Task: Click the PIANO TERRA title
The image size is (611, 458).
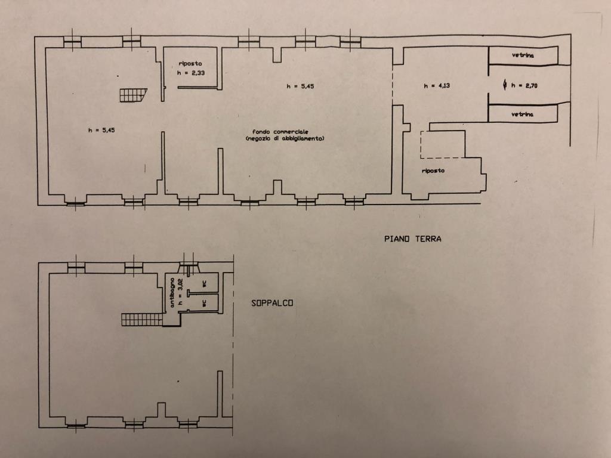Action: tap(413, 239)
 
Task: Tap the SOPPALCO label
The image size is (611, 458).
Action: tap(272, 303)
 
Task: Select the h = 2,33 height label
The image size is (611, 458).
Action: tap(191, 73)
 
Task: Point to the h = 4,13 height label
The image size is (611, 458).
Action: tap(437, 86)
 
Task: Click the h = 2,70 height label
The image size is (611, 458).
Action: tap(524, 86)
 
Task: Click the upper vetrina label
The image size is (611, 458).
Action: tap(523, 55)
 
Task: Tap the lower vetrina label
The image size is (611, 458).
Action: tap(523, 114)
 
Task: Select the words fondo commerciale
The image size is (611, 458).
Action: tap(280, 132)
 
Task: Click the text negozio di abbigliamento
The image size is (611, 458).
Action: tap(285, 138)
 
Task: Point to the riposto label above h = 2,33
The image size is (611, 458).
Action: tap(190, 63)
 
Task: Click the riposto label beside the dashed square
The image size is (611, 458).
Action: tap(433, 171)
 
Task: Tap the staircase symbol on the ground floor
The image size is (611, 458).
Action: tap(133, 95)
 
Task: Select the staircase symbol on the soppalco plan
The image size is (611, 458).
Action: tap(142, 320)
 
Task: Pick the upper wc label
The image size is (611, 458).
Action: tap(204, 284)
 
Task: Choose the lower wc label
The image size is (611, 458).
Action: tap(204, 302)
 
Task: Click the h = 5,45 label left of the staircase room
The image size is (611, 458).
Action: tap(101, 131)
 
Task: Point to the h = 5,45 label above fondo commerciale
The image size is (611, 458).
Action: tap(301, 86)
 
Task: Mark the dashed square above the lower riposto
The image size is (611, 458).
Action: tap(443, 144)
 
